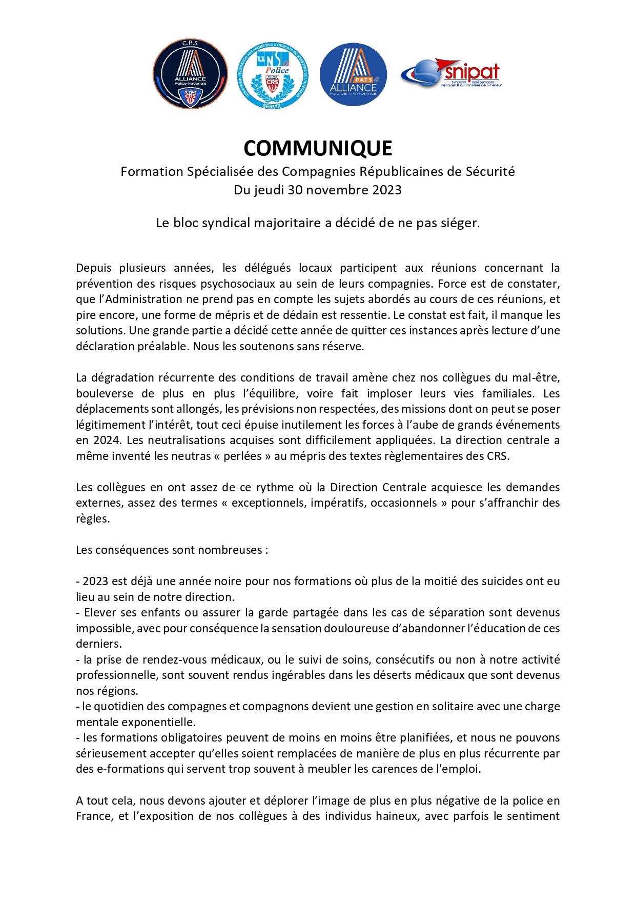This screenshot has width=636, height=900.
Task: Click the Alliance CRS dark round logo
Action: (190, 73)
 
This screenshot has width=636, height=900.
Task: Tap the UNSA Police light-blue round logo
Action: (273, 75)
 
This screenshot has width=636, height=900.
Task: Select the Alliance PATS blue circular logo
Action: (353, 74)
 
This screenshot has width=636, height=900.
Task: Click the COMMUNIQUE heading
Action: (318, 148)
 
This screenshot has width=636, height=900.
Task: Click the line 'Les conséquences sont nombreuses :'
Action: (172, 550)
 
